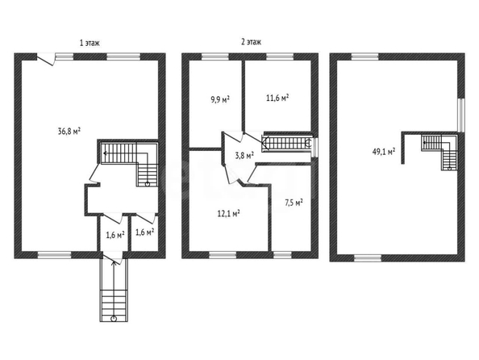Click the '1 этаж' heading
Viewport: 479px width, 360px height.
[x=90, y=43]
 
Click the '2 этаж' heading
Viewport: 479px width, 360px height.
[x=251, y=42]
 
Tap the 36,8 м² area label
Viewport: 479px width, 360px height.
[x=69, y=132]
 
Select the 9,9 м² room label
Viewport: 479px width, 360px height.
[x=220, y=99]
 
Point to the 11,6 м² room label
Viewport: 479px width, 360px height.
[x=277, y=98]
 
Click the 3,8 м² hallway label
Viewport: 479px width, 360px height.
[x=244, y=155]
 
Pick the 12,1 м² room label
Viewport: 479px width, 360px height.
[x=228, y=213]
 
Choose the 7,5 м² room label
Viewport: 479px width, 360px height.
[x=294, y=203]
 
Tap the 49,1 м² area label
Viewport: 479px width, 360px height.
[x=384, y=152]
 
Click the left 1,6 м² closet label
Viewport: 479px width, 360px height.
[x=115, y=235]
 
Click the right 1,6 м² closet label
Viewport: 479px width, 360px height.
[x=144, y=232]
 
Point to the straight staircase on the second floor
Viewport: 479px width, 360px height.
[x=286, y=144]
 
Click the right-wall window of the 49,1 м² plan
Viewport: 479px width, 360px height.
[x=461, y=115]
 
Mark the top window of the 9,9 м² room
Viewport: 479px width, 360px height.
[x=215, y=57]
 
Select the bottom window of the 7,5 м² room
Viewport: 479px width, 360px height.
[x=282, y=255]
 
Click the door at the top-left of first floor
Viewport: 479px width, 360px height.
[x=46, y=58]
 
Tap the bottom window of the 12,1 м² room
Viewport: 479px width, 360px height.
[x=223, y=255]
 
